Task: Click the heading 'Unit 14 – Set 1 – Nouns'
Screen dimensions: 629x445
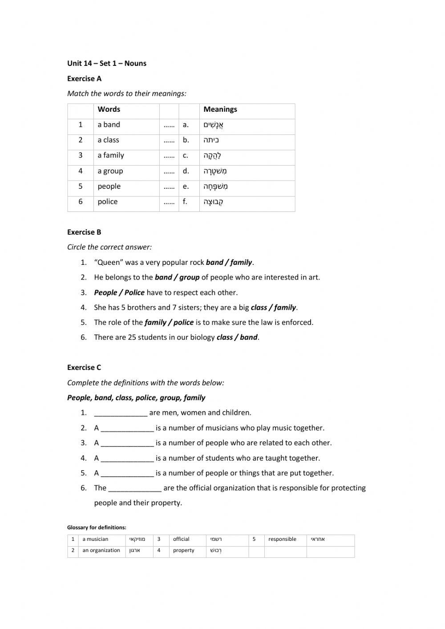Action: pyautogui.click(x=107, y=63)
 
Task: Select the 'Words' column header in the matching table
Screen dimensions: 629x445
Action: pyautogui.click(x=109, y=110)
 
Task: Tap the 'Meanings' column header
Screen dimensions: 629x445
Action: pyautogui.click(x=220, y=110)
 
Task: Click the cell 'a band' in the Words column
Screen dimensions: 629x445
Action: pyautogui.click(x=109, y=125)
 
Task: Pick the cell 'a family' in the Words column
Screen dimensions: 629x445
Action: pyautogui.click(x=111, y=155)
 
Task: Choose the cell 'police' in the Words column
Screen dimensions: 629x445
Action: pyautogui.click(x=108, y=202)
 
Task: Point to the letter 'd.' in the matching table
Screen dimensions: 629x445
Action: pyautogui.click(x=186, y=171)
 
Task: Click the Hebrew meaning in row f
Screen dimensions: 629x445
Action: pyautogui.click(x=214, y=202)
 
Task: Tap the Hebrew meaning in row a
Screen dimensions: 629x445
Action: pyautogui.click(x=214, y=125)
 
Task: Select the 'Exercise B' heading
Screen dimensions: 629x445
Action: pyautogui.click(x=84, y=232)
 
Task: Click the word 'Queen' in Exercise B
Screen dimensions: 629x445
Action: pyautogui.click(x=109, y=262)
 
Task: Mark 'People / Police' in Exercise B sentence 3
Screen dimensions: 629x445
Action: pyautogui.click(x=119, y=292)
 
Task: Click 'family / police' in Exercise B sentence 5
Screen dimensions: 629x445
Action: pyautogui.click(x=169, y=322)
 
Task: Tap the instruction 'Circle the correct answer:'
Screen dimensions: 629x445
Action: pyautogui.click(x=109, y=247)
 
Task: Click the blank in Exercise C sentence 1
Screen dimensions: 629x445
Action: pyautogui.click(x=121, y=413)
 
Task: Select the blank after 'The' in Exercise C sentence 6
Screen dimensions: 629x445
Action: pyautogui.click(x=135, y=488)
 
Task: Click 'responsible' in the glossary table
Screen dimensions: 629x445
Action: pyautogui.click(x=282, y=539)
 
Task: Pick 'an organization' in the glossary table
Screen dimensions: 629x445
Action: pyautogui.click(x=101, y=550)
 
